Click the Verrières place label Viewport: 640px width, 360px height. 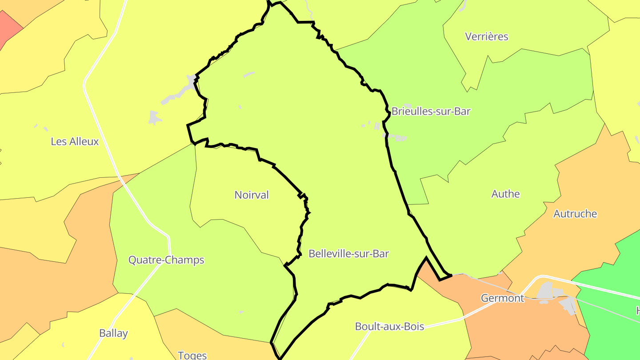[x=486, y=36]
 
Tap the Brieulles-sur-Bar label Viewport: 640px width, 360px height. [x=431, y=111]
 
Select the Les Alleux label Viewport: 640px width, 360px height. [x=75, y=141]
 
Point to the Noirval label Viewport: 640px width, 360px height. [x=252, y=195]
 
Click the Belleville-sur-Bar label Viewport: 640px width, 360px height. [x=348, y=254]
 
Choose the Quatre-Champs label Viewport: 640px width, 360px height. [x=166, y=260]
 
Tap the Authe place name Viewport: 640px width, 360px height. [x=505, y=194]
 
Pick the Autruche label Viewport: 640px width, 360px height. [x=575, y=214]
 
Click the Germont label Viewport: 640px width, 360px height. [x=502, y=298]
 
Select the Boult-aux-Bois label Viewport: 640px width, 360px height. [x=389, y=327]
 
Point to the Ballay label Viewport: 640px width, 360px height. [x=113, y=333]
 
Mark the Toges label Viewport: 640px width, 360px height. [x=192, y=355]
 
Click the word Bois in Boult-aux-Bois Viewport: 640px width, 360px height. [x=413, y=327]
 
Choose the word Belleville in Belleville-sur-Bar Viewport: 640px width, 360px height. [x=328, y=254]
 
